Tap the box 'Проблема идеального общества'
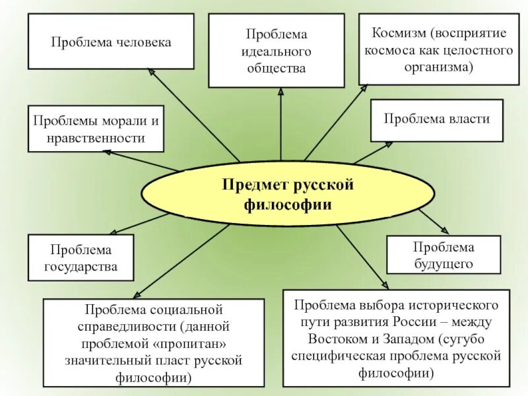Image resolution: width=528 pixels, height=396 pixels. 277,50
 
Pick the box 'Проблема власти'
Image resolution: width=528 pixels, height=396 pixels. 437,119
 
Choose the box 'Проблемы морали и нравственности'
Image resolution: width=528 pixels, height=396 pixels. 96,129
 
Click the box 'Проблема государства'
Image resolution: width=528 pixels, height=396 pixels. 81,258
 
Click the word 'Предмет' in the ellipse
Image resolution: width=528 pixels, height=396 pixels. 252,184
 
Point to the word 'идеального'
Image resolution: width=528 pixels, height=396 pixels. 277,51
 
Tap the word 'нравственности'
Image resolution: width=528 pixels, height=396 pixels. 96,139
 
